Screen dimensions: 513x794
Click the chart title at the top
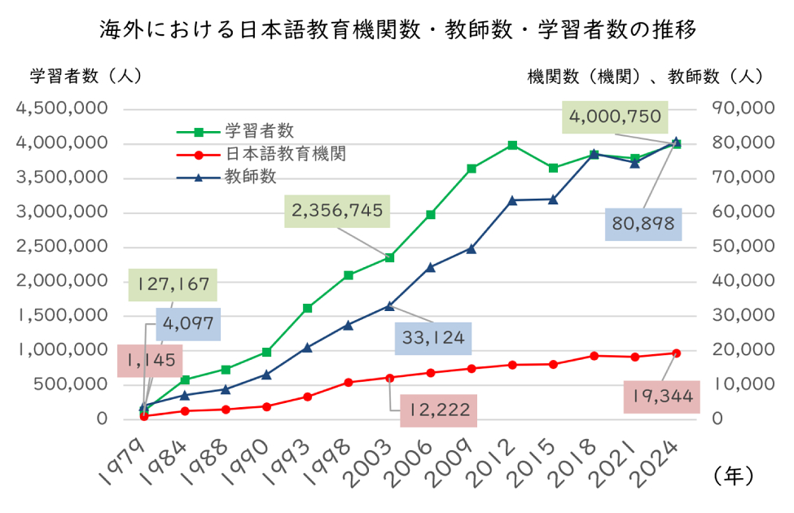pyautogui.click(x=397, y=31)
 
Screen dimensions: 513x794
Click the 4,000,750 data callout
pyautogui.click(x=615, y=117)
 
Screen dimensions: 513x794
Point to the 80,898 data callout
pyautogui.click(x=643, y=224)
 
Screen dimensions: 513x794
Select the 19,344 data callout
pyautogui.click(x=663, y=397)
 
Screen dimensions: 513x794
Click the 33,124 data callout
pyautogui.click(x=433, y=338)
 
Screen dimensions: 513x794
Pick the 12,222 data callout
pyautogui.click(x=437, y=410)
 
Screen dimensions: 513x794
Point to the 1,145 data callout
pyautogui.click(x=150, y=360)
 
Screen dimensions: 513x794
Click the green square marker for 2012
pyautogui.click(x=512, y=145)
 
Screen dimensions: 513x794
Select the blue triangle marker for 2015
pyautogui.click(x=553, y=199)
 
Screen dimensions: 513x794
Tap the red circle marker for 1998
pyautogui.click(x=349, y=382)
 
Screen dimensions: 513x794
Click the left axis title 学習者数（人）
pyautogui.click(x=86, y=77)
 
